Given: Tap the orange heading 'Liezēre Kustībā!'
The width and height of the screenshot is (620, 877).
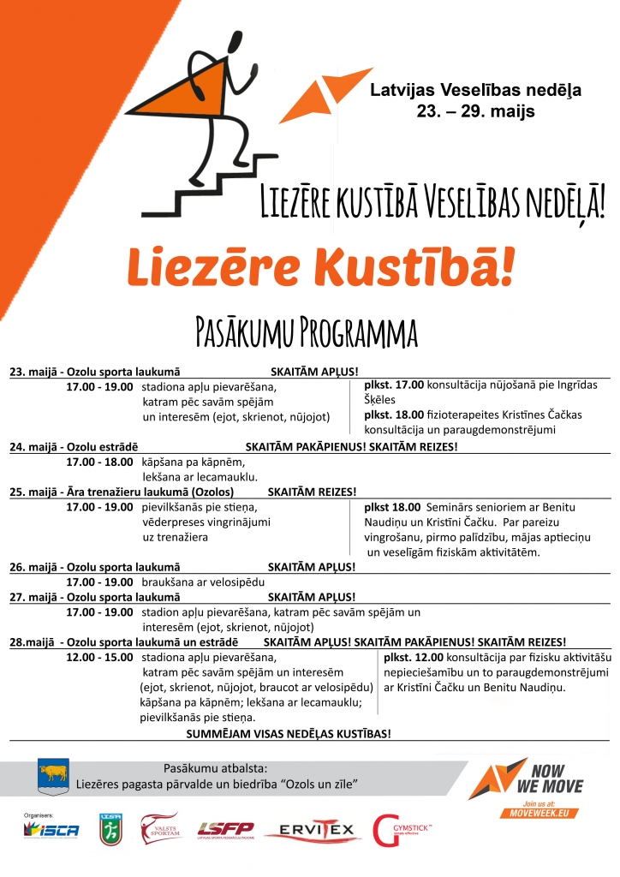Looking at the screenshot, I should pyautogui.click(x=321, y=268).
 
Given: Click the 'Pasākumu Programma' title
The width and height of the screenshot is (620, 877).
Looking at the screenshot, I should pyautogui.click(x=307, y=332).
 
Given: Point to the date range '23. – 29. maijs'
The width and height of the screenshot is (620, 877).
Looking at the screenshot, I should pyautogui.click(x=475, y=110).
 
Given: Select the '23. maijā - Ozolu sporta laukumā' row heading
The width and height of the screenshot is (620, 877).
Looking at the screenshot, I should pyautogui.click(x=95, y=372).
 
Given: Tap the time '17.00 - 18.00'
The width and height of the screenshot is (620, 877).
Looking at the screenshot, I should pyautogui.click(x=99, y=462).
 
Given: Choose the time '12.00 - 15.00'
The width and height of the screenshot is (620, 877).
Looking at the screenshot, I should pyautogui.click(x=99, y=657).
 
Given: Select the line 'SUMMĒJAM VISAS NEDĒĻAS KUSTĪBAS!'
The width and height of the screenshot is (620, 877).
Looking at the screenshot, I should pyautogui.click(x=289, y=733).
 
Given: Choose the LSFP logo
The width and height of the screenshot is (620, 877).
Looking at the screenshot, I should pyautogui.click(x=225, y=829).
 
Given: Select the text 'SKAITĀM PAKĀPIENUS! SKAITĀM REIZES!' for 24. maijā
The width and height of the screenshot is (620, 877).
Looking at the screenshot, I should pyautogui.click(x=351, y=447).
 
